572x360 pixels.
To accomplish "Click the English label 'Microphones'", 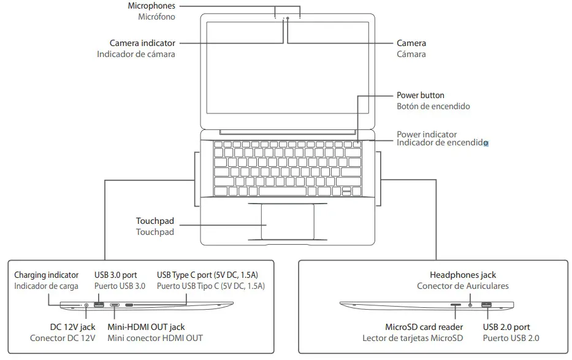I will [151, 6].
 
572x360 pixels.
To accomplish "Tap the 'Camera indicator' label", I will [142, 43].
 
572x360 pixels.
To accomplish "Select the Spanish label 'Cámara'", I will [411, 54].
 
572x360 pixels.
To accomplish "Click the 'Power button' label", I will [420, 95].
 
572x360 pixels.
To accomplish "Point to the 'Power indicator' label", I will [426, 134].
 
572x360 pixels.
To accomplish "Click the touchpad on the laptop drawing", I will [287, 221].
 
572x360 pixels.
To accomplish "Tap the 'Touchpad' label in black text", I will [154, 221].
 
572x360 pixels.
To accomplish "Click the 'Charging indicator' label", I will [47, 275].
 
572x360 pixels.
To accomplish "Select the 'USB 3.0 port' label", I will [120, 275].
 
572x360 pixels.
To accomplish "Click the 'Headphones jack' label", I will [463, 275].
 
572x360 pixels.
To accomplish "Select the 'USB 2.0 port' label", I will [506, 327].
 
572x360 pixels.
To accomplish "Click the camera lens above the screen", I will [287, 19].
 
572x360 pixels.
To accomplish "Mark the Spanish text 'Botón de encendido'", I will [433, 106].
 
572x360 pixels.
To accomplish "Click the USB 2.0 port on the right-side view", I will [486, 305].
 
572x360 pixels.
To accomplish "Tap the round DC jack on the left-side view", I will [86, 305].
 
